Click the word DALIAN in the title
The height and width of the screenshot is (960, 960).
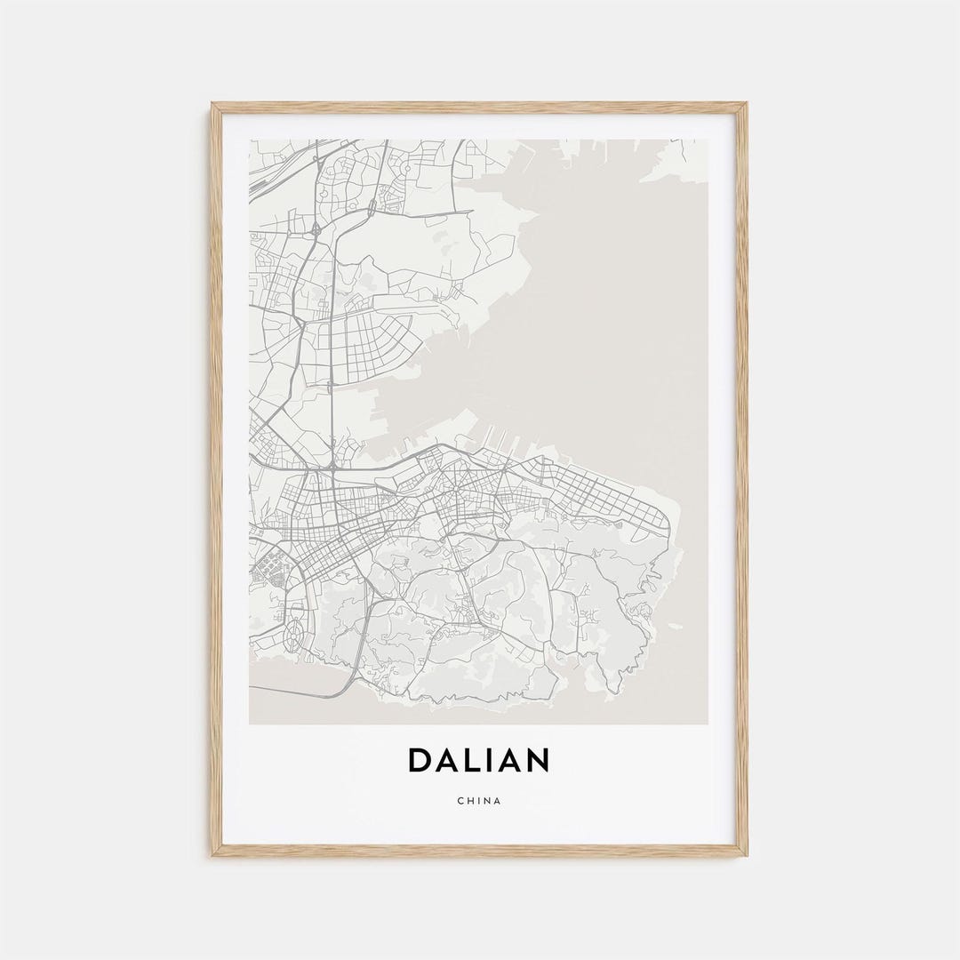pos(479,761)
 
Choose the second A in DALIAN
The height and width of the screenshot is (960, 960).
pos(513,761)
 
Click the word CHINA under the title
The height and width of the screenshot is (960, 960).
pos(479,801)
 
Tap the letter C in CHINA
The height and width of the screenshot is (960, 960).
pos(460,801)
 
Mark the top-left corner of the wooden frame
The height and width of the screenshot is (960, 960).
pos(212,105)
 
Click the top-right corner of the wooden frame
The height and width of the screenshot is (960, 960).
pos(746,105)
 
